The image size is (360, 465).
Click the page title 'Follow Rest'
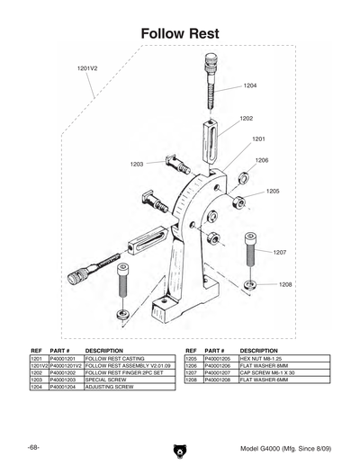coord(180,33)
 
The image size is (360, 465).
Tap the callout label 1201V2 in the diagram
coord(88,69)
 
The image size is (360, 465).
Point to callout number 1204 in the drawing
coord(250,86)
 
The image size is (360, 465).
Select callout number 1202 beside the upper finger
coord(246,119)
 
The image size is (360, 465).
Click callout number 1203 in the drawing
coord(137,165)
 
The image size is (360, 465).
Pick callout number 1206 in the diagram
coord(262,160)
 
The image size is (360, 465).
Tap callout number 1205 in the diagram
coord(273,192)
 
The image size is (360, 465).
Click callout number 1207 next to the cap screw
coord(279,253)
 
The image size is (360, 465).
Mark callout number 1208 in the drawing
coord(285,284)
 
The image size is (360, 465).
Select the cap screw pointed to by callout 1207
coord(250,248)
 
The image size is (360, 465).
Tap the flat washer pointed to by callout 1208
coord(249,284)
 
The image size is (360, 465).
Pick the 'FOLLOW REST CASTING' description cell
coord(115,358)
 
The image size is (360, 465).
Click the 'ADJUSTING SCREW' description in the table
coord(110,388)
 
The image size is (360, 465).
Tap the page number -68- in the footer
coord(33,447)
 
